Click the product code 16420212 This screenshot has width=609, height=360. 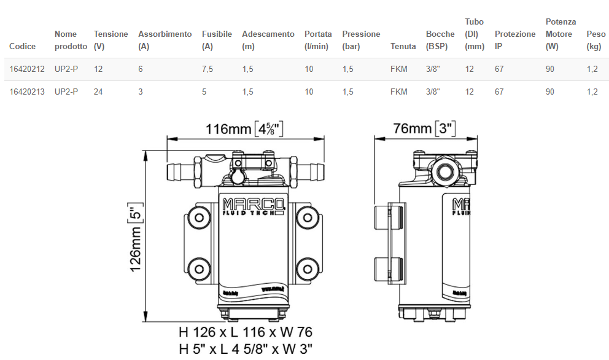point(27,69)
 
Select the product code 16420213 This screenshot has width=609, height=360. point(27,92)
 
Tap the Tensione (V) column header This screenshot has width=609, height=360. point(111,40)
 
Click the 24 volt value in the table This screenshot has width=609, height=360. point(98,92)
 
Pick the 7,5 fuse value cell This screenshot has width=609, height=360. point(208,69)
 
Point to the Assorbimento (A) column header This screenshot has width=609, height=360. point(165,40)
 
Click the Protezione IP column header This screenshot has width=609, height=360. point(514,40)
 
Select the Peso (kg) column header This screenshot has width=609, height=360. point(595,40)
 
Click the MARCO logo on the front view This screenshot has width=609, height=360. point(253,205)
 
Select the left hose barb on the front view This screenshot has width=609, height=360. point(179,170)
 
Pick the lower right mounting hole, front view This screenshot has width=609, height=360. point(305,267)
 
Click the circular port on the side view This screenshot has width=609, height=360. point(443,170)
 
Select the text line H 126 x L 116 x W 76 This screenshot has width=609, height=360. point(246,332)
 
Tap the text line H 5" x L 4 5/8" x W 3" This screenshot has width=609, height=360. point(246,350)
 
